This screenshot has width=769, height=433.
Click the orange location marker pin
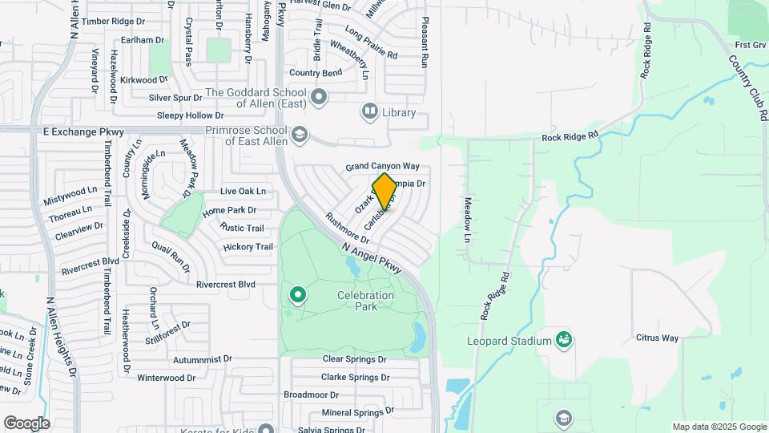384,191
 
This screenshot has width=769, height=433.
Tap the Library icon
370,111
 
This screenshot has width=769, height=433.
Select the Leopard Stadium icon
565,340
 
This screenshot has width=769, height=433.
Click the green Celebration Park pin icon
298,296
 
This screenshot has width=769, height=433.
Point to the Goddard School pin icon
319,98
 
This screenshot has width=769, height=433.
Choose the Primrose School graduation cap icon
300,134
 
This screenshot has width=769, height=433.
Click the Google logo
26,423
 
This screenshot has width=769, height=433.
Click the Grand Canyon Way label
383,166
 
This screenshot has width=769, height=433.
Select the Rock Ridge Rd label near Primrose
570,136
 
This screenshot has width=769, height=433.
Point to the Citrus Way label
657,338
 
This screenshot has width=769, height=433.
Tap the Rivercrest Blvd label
226,284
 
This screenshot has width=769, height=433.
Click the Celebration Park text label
366,301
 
